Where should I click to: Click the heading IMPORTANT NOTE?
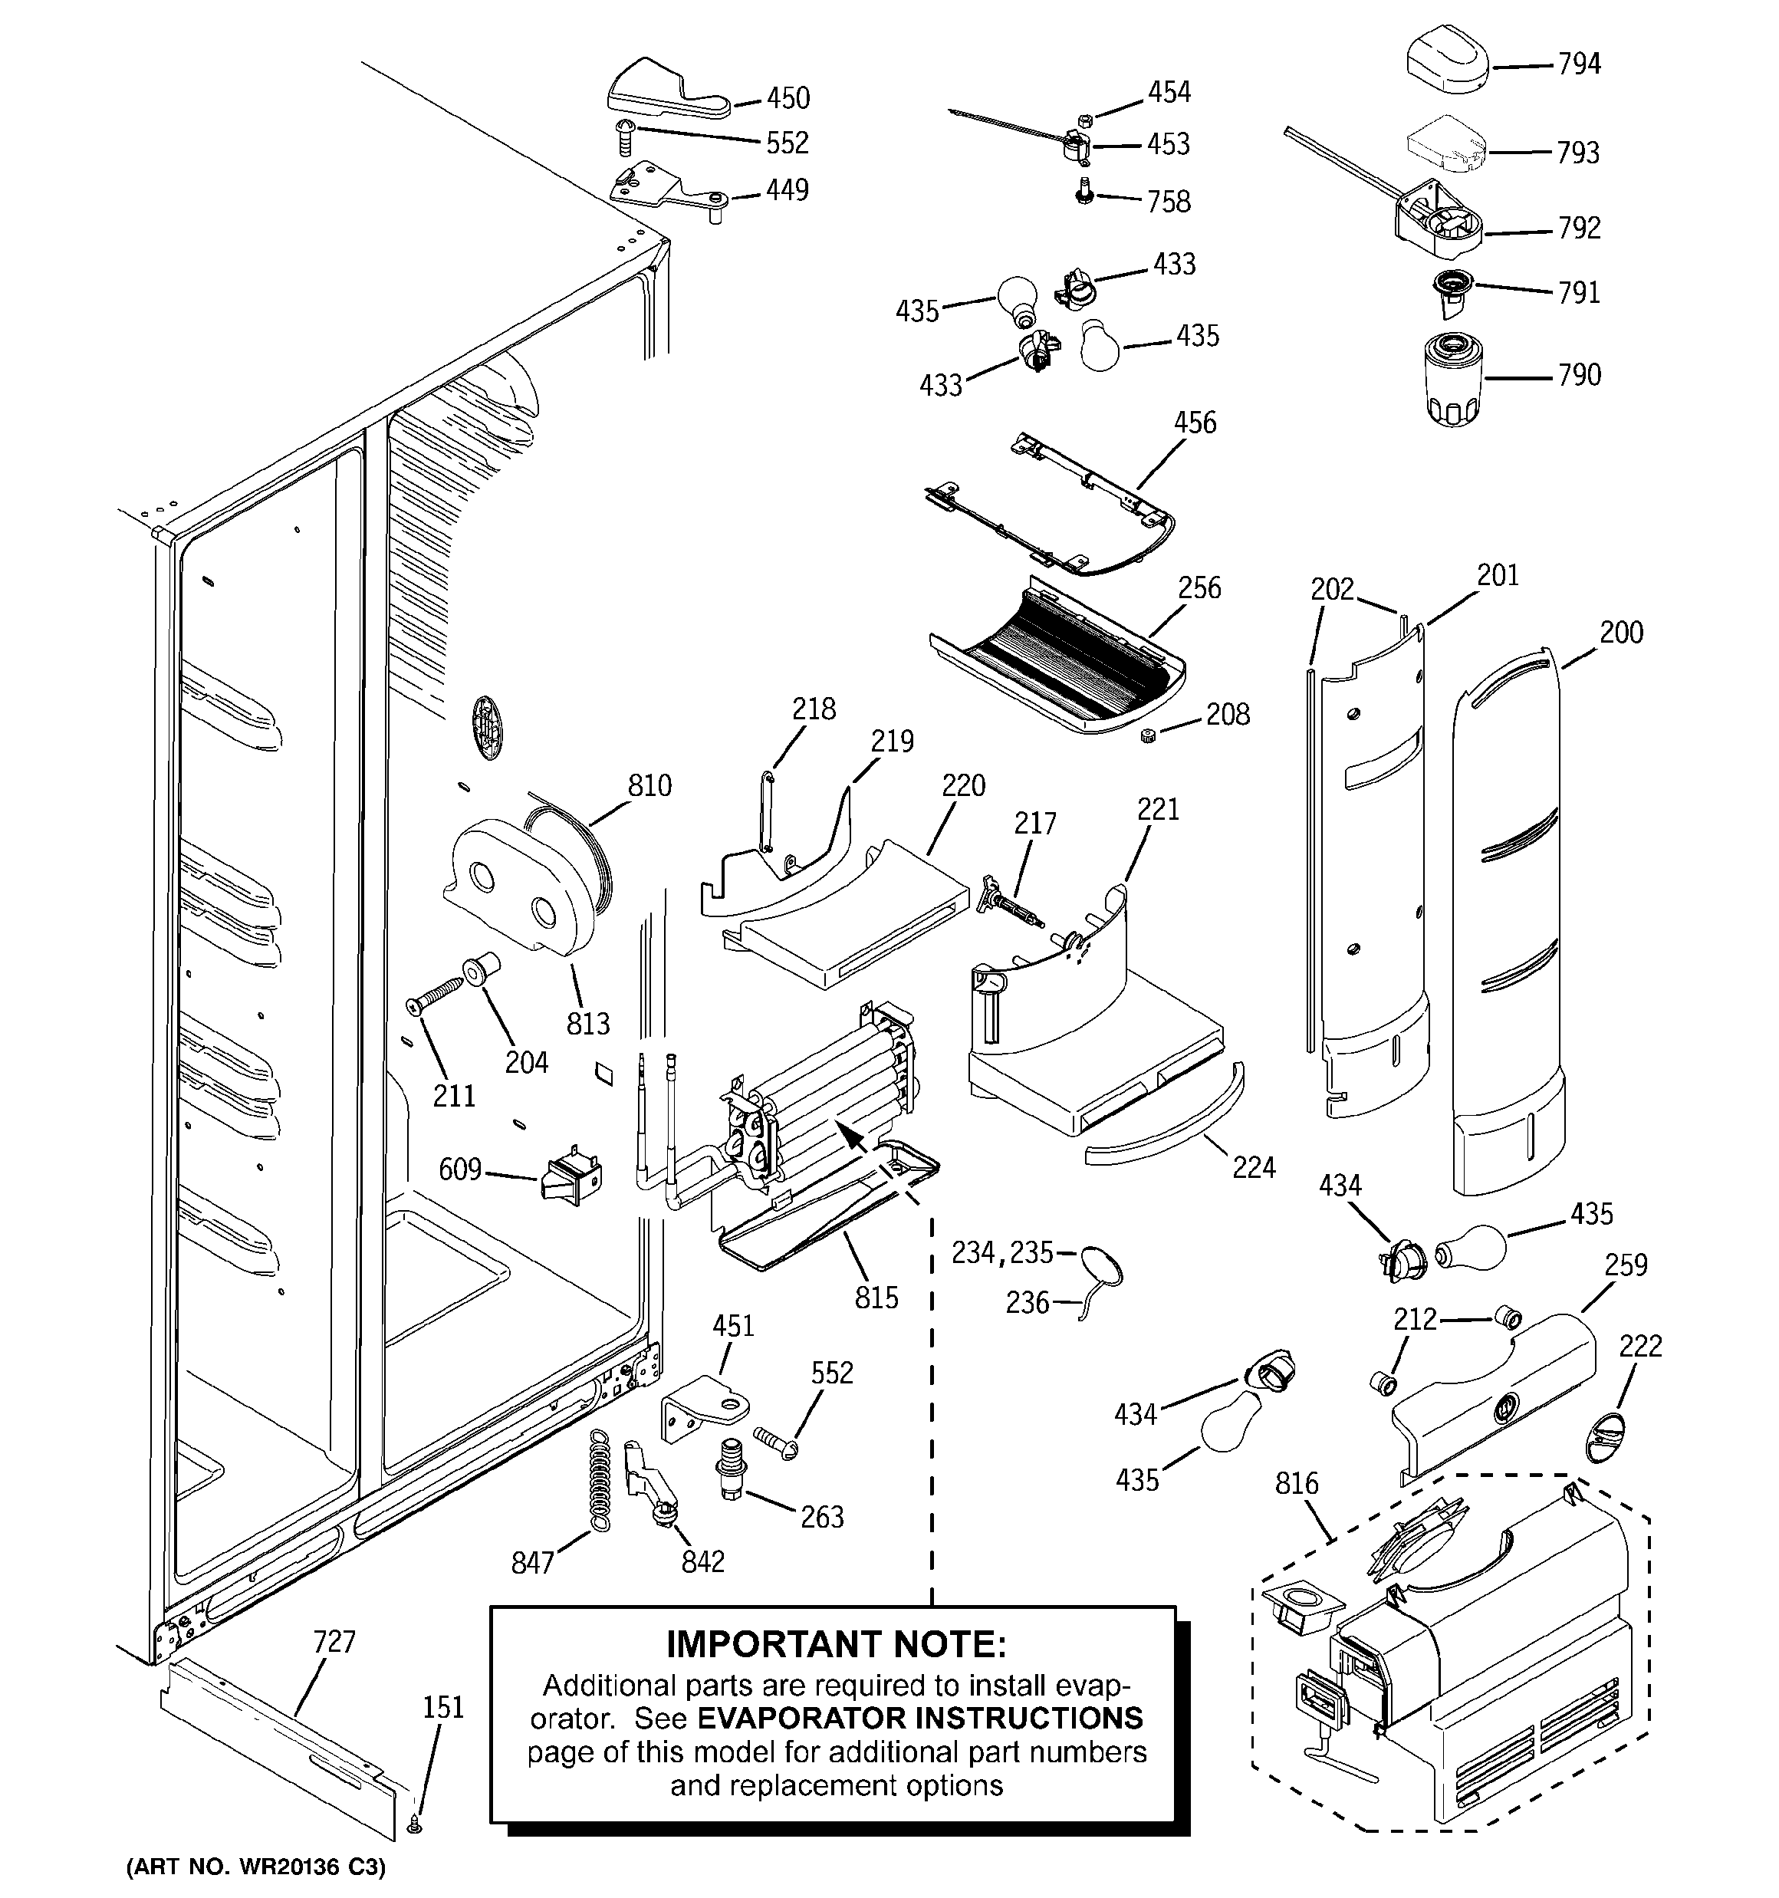coord(836,1645)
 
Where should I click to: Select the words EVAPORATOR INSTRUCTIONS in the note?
coord(919,1718)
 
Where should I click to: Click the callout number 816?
coord(1297,1484)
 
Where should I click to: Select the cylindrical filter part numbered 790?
coord(1452,380)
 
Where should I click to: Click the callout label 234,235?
coord(1001,1252)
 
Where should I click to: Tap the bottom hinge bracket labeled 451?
coord(704,1411)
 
